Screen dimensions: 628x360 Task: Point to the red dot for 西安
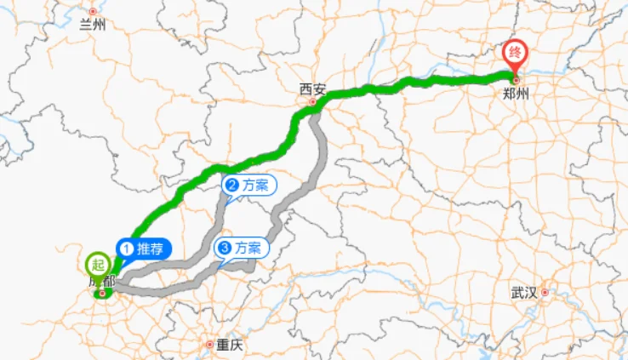click(312, 101)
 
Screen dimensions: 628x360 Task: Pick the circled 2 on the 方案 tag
click(231, 185)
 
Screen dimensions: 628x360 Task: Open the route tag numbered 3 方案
click(242, 249)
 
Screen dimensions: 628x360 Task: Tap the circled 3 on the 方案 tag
click(224, 249)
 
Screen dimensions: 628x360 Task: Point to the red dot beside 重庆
click(210, 345)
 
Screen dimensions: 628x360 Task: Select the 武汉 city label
click(524, 293)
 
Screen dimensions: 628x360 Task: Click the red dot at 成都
click(103, 294)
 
